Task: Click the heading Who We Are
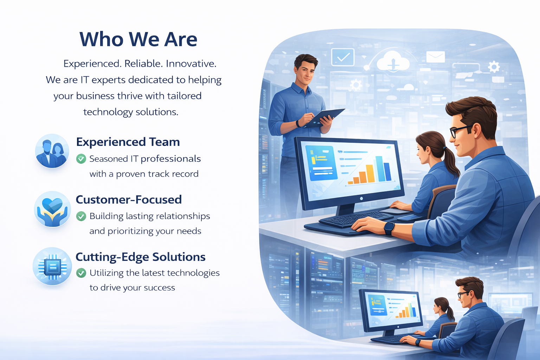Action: coord(139,39)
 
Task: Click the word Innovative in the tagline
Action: coord(191,64)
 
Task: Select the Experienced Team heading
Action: coord(128,142)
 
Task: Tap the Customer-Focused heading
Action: coord(129,199)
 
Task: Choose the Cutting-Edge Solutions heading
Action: coord(141,257)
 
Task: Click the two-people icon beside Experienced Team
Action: coord(52,151)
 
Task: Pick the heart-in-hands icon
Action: coord(52,209)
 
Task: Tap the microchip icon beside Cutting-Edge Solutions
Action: coord(52,266)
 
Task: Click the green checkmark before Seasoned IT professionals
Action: coord(81,159)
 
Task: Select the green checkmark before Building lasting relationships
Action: coord(81,216)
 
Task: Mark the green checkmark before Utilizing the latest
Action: coord(81,273)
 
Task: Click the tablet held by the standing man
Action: coord(323,118)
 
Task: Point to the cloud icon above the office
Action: coord(393,61)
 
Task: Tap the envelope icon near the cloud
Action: coord(435,57)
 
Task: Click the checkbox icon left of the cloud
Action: coord(343,57)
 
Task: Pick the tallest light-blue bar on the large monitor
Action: coord(380,168)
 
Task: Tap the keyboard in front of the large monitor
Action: coord(354,219)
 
